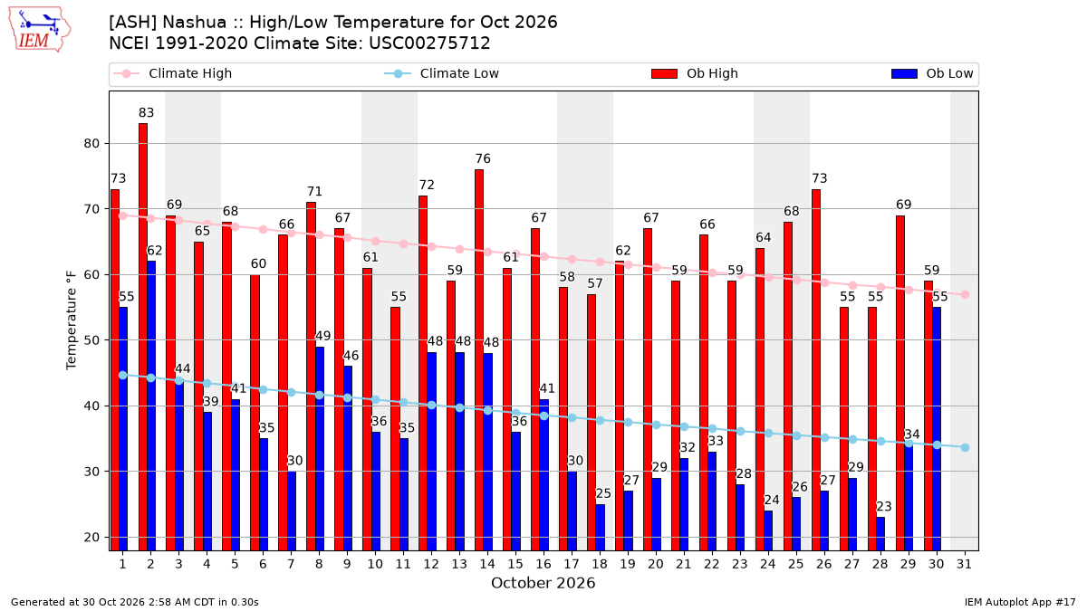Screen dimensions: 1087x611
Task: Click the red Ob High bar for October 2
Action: [x=143, y=337]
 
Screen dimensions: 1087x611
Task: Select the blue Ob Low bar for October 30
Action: [x=937, y=429]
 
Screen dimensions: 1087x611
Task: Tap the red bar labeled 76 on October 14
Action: [x=479, y=360]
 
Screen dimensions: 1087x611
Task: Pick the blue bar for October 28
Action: [x=880, y=534]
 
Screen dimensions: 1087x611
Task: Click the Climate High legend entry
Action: [x=173, y=73]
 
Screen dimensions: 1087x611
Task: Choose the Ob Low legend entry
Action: [x=932, y=73]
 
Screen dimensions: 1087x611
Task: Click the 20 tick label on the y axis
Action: [x=91, y=538]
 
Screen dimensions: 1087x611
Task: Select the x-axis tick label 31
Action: [x=964, y=564]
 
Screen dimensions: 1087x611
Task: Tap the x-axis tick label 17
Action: [x=572, y=564]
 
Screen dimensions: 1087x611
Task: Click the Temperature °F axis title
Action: [x=72, y=320]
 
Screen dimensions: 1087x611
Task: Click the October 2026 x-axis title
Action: [x=543, y=583]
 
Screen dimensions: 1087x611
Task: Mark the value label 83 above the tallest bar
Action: [x=146, y=113]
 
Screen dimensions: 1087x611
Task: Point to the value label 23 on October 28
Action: [x=884, y=507]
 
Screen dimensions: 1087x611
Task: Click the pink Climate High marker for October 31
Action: [x=965, y=294]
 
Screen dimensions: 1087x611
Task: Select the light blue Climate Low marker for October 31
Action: [x=965, y=447]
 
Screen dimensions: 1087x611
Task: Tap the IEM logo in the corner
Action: [x=39, y=30]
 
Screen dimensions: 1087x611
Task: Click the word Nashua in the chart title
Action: [x=194, y=23]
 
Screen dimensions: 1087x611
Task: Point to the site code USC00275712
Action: [x=429, y=43]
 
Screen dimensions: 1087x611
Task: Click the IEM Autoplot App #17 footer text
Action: [x=1020, y=602]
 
